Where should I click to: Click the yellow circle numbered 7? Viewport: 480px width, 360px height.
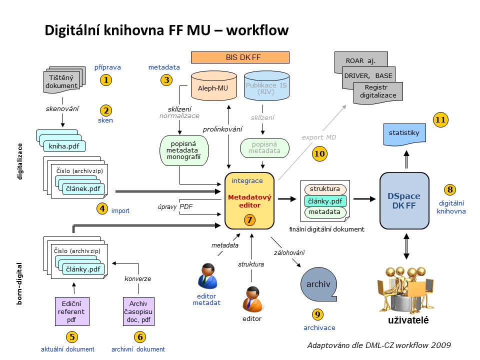(x=249, y=219)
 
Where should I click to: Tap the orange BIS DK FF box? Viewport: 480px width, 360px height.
(x=240, y=57)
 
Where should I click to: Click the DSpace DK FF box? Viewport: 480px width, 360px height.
(x=404, y=200)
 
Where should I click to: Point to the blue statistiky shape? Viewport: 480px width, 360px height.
(x=404, y=133)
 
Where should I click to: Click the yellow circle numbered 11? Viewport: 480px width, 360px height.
(x=441, y=120)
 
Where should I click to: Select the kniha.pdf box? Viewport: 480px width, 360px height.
(x=64, y=146)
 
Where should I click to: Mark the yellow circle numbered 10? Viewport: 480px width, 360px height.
(x=319, y=154)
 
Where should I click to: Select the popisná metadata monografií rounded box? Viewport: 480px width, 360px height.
(x=183, y=150)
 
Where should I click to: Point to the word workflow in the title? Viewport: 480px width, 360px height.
(x=257, y=30)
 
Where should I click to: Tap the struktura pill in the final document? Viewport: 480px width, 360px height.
(x=324, y=189)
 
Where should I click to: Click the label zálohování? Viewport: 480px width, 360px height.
(x=289, y=252)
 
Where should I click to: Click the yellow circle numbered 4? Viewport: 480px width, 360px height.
(x=102, y=208)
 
